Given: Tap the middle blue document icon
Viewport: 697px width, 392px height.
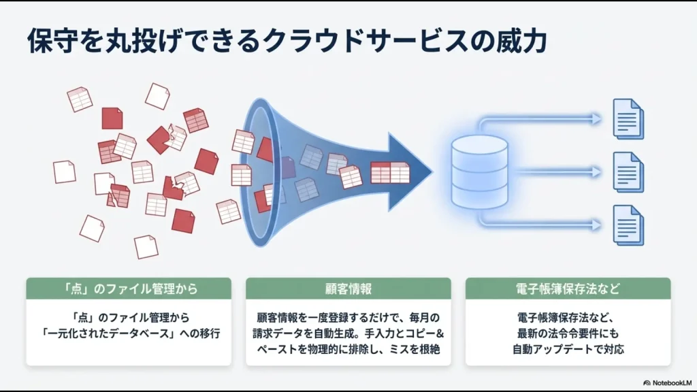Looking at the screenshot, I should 628,171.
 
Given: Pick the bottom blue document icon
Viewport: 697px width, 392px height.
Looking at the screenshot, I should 628,224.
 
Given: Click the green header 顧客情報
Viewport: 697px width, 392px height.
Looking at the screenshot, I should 348,289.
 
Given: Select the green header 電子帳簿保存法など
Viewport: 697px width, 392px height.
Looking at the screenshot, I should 568,289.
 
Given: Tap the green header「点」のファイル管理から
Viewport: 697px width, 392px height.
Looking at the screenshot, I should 128,289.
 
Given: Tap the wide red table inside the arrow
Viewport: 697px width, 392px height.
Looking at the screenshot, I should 390,173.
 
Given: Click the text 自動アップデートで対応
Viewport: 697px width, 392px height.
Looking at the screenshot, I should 568,350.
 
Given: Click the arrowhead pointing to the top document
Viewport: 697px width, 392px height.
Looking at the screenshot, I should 597,119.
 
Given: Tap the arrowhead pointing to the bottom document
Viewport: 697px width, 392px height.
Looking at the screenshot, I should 597,224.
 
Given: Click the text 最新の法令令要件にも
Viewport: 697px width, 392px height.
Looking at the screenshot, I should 568,334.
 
